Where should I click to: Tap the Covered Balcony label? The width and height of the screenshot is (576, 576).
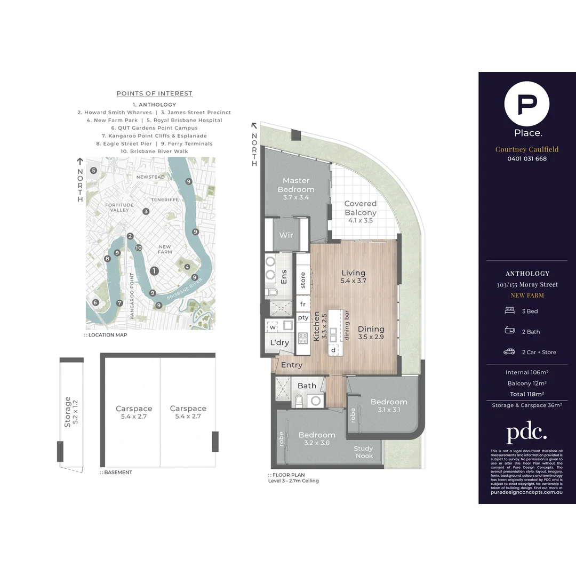[x=361, y=208]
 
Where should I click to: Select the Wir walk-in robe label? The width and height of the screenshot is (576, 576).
[x=286, y=235]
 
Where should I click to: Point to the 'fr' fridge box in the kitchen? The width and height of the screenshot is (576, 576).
[x=303, y=304]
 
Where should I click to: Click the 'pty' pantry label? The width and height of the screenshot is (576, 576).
[x=303, y=317]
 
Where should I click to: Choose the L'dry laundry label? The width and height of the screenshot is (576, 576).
[x=279, y=342]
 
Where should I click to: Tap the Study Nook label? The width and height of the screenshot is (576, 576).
[x=364, y=452]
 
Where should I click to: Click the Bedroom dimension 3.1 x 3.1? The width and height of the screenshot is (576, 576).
[x=389, y=410]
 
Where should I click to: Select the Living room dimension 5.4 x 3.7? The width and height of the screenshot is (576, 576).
[x=354, y=281]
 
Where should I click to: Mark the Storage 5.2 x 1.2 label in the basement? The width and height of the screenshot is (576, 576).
[x=71, y=412]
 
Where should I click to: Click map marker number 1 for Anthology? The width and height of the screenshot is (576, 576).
[x=154, y=271]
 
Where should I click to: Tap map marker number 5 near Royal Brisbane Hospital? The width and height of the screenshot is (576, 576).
[x=93, y=171]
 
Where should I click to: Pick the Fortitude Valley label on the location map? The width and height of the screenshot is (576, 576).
[x=119, y=207]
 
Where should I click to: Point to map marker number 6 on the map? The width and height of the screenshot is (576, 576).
[x=95, y=302]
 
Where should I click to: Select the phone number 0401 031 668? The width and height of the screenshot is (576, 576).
[x=527, y=158]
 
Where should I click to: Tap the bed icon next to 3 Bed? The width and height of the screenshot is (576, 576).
[x=509, y=310]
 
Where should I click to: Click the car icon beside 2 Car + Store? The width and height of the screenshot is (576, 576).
[x=509, y=351]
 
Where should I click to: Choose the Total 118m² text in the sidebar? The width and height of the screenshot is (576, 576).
[x=526, y=394]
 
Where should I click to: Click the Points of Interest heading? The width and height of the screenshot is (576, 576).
[x=155, y=93]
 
